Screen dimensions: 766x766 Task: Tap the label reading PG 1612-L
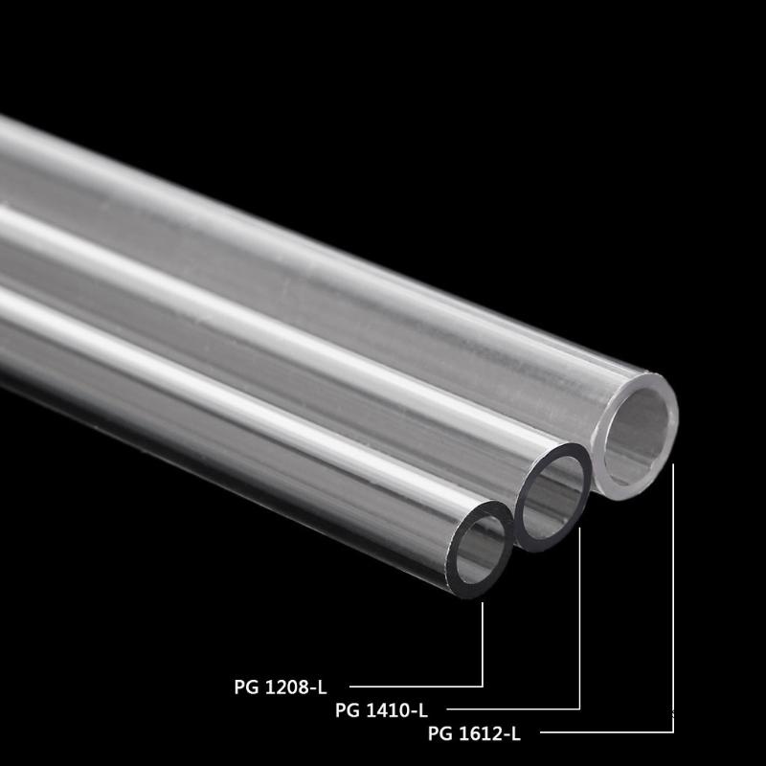[474, 734]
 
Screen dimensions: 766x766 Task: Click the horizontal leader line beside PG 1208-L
[416, 686]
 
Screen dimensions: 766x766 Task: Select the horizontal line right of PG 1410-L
[512, 710]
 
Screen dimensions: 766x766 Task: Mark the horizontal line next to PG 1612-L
[613, 732]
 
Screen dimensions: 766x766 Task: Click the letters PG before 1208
[245, 686]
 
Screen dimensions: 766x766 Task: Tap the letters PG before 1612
[439, 734]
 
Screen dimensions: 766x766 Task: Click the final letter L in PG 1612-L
[515, 734]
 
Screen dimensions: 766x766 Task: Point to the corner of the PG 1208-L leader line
[483, 686]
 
